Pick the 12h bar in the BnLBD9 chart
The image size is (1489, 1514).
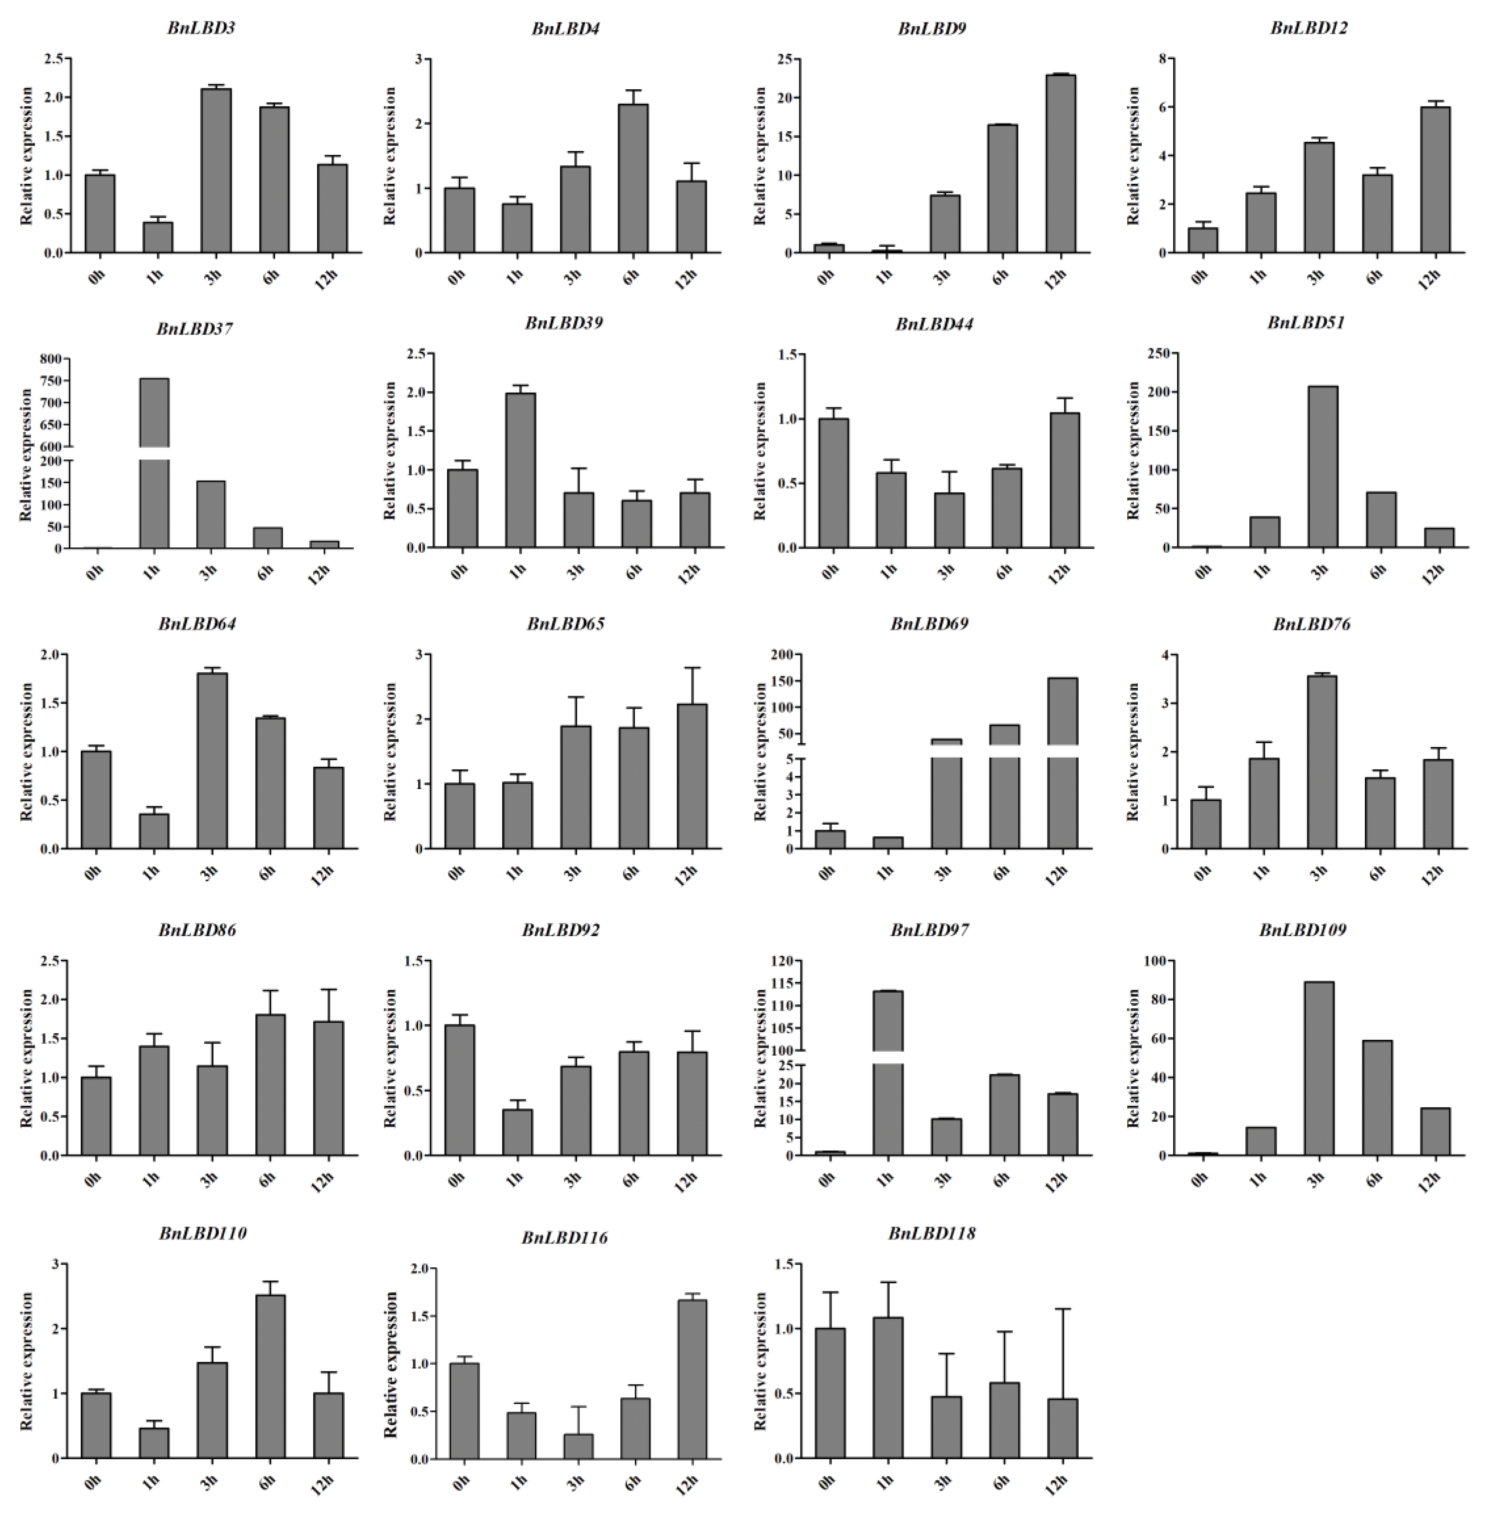pos(1059,164)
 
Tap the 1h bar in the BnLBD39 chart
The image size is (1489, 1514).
pos(520,470)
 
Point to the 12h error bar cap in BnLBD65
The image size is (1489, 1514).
pos(693,668)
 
